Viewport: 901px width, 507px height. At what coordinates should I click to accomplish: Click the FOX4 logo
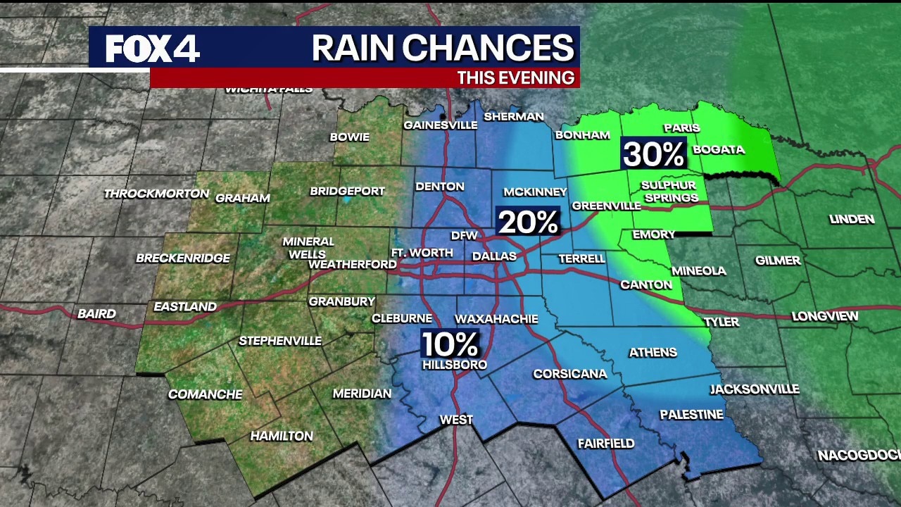(x=153, y=49)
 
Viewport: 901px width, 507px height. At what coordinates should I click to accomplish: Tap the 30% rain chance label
(x=654, y=154)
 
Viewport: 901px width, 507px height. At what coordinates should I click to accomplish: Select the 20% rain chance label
(x=528, y=222)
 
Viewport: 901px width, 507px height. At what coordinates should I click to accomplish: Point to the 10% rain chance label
(x=450, y=344)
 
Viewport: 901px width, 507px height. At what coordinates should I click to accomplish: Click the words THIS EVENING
(x=515, y=77)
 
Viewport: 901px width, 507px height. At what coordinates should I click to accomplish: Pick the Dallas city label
(x=494, y=256)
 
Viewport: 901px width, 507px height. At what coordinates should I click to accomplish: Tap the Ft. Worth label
(x=422, y=253)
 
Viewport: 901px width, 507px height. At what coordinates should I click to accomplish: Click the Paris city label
(x=681, y=127)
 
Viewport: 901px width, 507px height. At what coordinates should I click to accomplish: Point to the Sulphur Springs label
(x=670, y=192)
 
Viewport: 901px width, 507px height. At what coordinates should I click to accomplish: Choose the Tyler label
(x=722, y=322)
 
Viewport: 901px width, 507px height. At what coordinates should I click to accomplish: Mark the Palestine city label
(x=691, y=415)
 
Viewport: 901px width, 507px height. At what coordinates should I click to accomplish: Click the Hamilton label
(x=282, y=436)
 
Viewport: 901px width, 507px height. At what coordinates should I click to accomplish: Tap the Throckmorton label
(x=156, y=194)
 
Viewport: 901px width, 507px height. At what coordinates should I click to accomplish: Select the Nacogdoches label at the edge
(x=859, y=456)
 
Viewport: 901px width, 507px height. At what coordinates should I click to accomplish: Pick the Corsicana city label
(x=569, y=374)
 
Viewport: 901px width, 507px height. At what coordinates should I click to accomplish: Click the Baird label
(x=96, y=313)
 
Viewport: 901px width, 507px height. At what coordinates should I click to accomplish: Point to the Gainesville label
(x=440, y=125)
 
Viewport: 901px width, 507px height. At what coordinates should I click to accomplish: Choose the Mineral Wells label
(x=308, y=247)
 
